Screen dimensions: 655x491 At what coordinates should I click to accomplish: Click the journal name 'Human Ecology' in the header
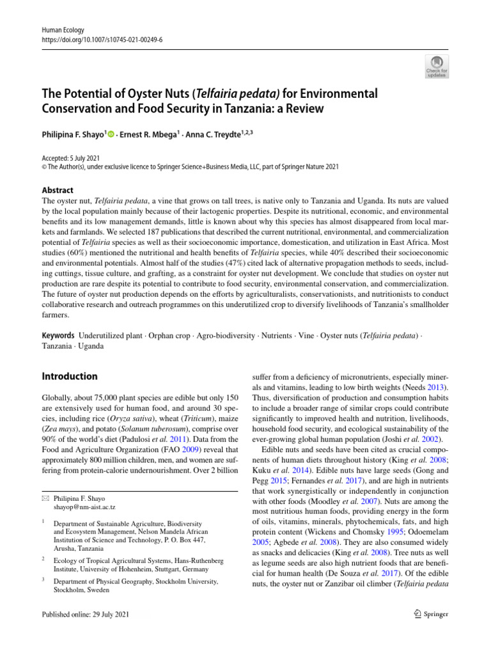tap(62, 30)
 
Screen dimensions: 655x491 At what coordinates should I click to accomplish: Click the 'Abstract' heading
tap(57, 190)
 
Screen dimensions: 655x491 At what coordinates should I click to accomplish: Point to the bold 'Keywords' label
tap(57, 335)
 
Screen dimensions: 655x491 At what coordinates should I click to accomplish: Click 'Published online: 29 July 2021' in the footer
tap(85, 614)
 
